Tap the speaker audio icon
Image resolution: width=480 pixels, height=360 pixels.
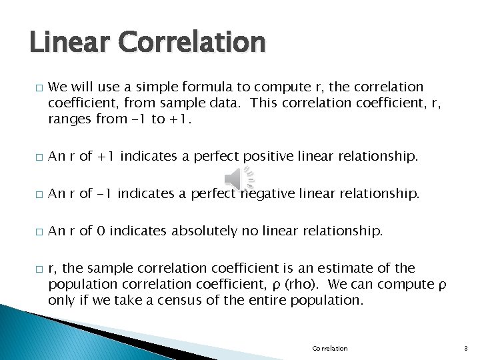point(239,179)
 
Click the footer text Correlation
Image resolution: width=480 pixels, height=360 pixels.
point(330,348)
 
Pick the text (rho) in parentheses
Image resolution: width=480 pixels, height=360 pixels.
point(308,284)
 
